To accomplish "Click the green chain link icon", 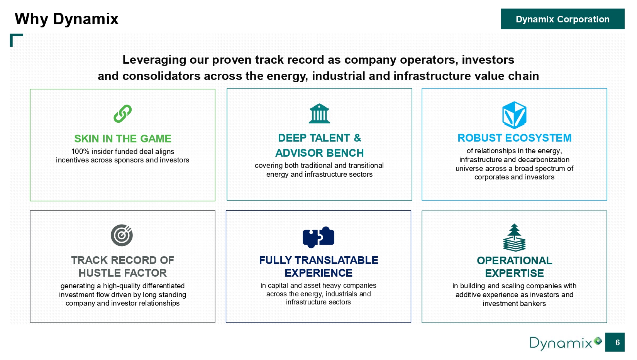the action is [122, 114].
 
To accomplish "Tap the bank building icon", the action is [319, 113].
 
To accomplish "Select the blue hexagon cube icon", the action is [514, 115].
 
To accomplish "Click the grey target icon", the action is [122, 235].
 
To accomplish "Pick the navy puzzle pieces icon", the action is [318, 237].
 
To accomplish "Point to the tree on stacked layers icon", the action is [514, 238].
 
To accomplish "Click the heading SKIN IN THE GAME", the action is [122, 139].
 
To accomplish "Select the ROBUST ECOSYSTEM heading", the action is [514, 138].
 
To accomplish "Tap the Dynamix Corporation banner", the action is [562, 19].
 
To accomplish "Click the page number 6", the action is [617, 342].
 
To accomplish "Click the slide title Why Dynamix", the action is [66, 19].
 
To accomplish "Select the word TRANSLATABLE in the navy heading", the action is [336, 260].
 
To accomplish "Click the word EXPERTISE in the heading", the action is [514, 273].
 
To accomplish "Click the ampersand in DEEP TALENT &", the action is [357, 138].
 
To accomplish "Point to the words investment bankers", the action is [514, 303].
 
